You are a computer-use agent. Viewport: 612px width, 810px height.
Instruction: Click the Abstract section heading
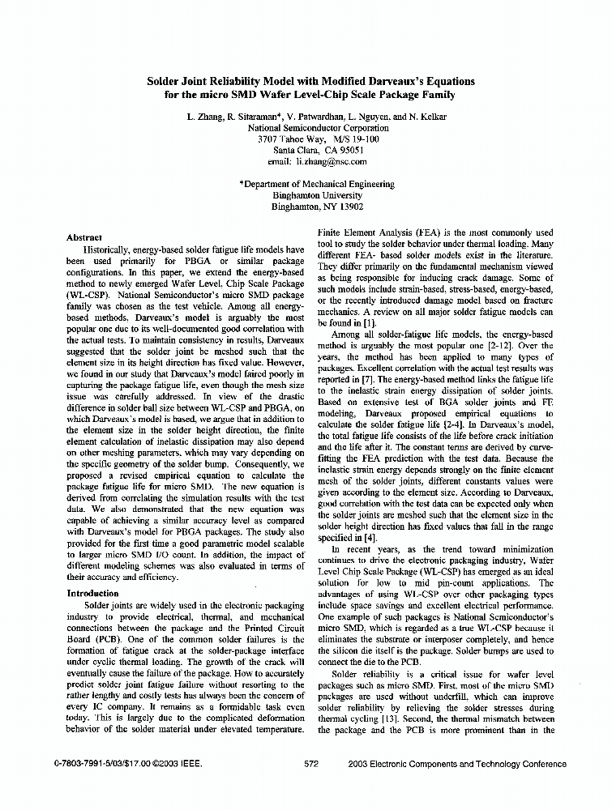pyautogui.click(x=84, y=237)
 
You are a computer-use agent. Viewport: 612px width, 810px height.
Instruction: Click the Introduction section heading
pyautogui.click(x=92, y=594)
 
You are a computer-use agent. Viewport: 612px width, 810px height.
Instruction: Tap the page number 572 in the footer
pyautogui.click(x=310, y=763)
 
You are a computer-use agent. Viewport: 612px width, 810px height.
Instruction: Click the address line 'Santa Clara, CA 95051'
pyautogui.click(x=306, y=150)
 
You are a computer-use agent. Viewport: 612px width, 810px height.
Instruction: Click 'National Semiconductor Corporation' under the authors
pyautogui.click(x=306, y=128)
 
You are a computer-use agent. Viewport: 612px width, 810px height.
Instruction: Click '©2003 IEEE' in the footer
pyautogui.click(x=178, y=763)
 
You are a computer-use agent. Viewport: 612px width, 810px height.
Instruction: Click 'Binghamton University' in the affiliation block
pyautogui.click(x=306, y=195)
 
